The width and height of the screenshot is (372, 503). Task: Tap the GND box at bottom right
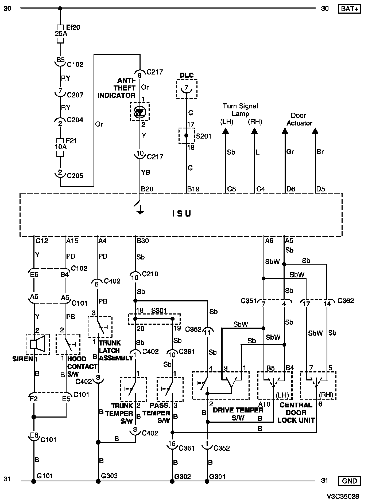click(x=349, y=481)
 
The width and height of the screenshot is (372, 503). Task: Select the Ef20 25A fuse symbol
click(x=61, y=34)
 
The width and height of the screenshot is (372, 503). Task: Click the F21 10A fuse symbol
click(x=60, y=147)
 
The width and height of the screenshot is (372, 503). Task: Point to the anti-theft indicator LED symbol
click(x=140, y=112)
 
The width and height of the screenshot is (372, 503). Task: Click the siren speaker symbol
click(x=38, y=344)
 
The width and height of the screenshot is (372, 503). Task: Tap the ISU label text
click(x=181, y=214)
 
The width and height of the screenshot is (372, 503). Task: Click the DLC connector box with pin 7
click(x=187, y=89)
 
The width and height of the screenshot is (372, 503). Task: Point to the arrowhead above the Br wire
click(x=315, y=131)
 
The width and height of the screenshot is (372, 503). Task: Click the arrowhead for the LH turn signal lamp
click(x=226, y=131)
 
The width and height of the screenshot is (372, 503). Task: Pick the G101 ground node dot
click(x=34, y=481)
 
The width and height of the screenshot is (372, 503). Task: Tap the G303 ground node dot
click(x=98, y=481)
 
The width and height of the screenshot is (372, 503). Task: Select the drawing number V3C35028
click(x=343, y=496)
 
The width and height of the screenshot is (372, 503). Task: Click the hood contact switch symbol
click(x=68, y=344)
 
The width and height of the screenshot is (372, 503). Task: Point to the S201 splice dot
click(x=186, y=135)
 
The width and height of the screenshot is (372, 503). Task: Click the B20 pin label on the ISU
click(x=147, y=189)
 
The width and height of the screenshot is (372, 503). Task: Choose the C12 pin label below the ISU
click(x=42, y=241)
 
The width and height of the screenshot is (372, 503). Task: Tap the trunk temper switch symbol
click(x=133, y=389)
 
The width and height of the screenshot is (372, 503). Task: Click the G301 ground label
click(x=217, y=477)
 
